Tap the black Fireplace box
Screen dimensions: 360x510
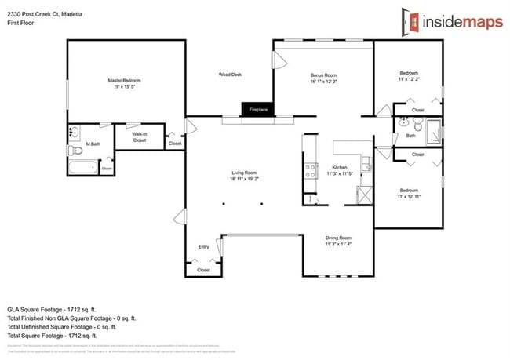[x=258, y=110]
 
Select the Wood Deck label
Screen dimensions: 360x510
[x=230, y=75]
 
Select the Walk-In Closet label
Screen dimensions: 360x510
[x=139, y=138]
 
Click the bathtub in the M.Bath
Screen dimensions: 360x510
[x=81, y=166]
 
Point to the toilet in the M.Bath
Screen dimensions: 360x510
[x=75, y=150]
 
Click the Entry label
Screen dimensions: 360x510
[x=203, y=247]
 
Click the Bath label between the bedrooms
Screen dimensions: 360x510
[x=410, y=136]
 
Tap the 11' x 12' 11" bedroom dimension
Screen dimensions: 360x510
[x=410, y=195]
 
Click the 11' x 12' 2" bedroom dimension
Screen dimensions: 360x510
[x=409, y=79]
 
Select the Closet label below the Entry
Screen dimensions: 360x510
[x=203, y=269]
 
